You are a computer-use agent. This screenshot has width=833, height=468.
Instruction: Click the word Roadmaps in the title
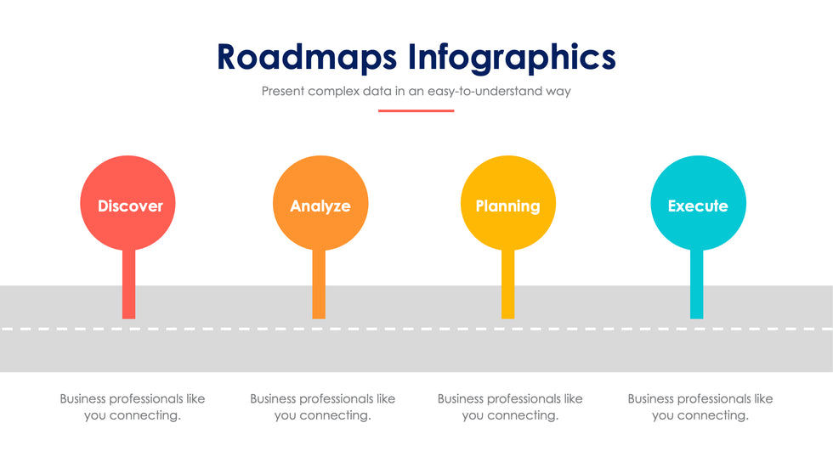click(x=307, y=57)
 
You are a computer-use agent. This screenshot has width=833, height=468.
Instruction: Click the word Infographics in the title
click(x=512, y=57)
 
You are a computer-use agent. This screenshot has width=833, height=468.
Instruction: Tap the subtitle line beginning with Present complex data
click(x=416, y=91)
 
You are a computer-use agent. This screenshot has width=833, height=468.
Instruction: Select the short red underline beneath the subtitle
click(x=416, y=110)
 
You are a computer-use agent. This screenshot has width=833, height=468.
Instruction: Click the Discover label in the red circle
click(x=130, y=206)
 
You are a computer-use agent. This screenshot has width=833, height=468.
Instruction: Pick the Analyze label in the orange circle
click(x=320, y=206)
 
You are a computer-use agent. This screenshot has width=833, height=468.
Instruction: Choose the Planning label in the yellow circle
click(x=508, y=206)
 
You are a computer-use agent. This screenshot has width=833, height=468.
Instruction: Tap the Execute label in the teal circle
click(x=698, y=206)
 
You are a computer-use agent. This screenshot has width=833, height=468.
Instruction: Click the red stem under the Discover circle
click(x=128, y=284)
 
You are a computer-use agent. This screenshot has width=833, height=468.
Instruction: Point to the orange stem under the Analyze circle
click(x=319, y=284)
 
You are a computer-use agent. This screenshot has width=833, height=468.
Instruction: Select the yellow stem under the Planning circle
click(x=508, y=284)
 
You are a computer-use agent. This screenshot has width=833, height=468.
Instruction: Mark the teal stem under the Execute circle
click(x=696, y=284)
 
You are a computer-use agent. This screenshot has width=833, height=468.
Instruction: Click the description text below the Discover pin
click(x=133, y=407)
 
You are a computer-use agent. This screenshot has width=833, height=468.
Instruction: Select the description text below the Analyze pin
click(x=322, y=407)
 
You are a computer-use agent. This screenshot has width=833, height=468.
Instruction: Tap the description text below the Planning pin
click(x=510, y=407)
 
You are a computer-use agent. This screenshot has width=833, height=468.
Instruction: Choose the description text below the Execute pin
click(x=700, y=407)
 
